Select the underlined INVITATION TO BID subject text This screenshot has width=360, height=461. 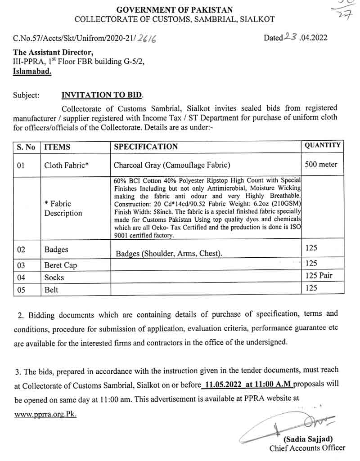(101, 95)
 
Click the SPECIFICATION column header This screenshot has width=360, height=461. (146, 147)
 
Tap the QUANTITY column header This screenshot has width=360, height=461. (323, 145)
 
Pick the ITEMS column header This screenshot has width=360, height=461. (57, 147)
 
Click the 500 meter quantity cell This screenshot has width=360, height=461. (321, 164)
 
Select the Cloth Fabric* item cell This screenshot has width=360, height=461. (66, 166)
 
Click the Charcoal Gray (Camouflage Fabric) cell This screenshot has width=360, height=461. (172, 165)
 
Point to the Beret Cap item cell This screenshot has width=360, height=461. (60, 265)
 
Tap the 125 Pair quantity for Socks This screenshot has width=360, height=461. (319, 275)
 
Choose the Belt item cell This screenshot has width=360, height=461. (51, 289)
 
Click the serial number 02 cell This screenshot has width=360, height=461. (22, 250)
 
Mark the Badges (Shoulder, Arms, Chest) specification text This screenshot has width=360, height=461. (169, 254)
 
